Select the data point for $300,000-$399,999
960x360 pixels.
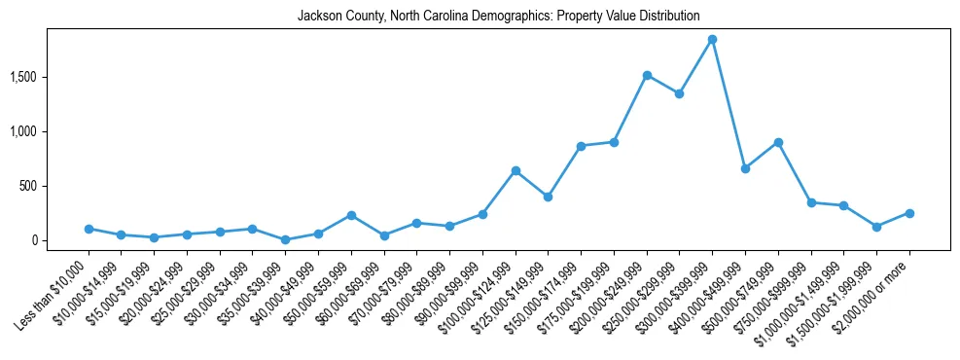click(x=712, y=40)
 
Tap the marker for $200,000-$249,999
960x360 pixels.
click(x=647, y=75)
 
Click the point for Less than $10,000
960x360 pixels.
click(x=89, y=229)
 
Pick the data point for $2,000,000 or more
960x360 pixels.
click(x=909, y=213)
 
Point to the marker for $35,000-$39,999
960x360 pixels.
click(x=285, y=239)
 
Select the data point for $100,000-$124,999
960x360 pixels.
click(x=516, y=170)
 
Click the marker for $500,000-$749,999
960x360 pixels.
click(x=778, y=142)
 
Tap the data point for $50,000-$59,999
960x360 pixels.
click(x=351, y=215)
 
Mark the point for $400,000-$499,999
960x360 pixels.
click(x=745, y=168)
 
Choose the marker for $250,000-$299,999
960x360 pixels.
click(x=679, y=93)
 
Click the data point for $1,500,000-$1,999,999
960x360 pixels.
click(x=876, y=227)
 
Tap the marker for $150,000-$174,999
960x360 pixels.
click(x=581, y=146)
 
